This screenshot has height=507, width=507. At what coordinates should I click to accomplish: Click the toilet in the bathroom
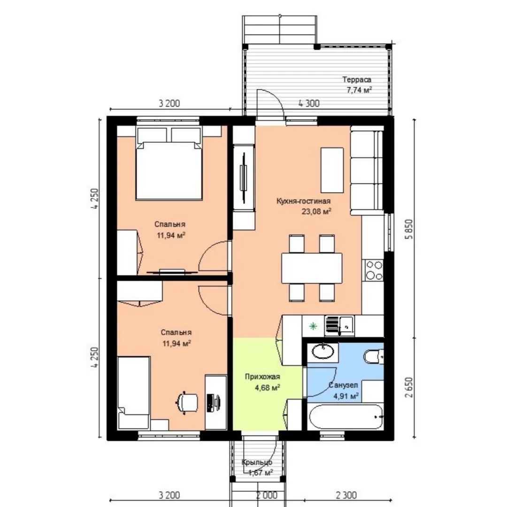(x=374, y=357)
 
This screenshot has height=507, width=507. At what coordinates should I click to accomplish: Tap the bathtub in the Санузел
(x=346, y=417)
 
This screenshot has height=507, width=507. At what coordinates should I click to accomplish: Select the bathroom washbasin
(x=323, y=351)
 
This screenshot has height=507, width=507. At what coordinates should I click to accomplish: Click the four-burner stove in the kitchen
(x=374, y=270)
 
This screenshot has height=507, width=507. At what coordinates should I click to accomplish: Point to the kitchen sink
(x=339, y=325)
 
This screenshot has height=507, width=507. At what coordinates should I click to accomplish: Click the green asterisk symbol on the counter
(x=313, y=326)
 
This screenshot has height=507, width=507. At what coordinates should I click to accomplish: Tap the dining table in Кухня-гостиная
(x=312, y=268)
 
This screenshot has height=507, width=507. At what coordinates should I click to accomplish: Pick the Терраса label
(x=357, y=79)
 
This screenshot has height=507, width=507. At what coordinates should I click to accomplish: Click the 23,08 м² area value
(x=316, y=211)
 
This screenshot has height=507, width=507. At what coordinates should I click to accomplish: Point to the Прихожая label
(x=262, y=376)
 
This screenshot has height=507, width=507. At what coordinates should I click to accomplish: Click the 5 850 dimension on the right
(x=409, y=229)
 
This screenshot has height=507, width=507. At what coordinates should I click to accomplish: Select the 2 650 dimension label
(x=409, y=387)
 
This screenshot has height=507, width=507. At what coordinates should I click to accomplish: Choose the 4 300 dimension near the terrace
(x=309, y=103)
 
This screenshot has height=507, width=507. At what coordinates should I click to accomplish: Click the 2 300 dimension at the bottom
(x=346, y=495)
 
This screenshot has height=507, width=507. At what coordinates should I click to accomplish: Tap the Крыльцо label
(x=257, y=463)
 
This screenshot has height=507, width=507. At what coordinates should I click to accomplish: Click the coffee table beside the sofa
(x=332, y=170)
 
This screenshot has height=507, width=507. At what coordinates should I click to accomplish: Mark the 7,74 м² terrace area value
(x=359, y=90)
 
